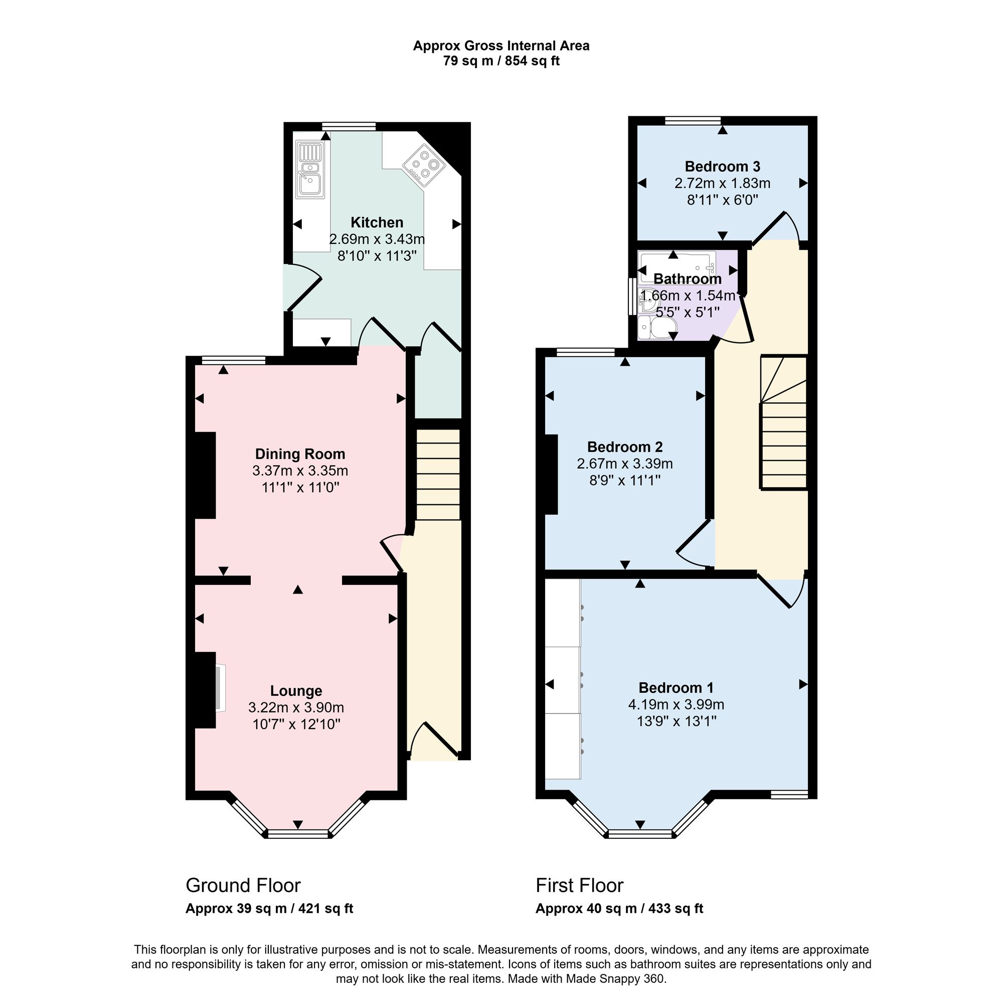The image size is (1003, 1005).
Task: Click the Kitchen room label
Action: (x=377, y=223)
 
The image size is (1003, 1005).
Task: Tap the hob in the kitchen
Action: (x=424, y=165)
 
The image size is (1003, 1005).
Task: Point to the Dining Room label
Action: (x=300, y=454)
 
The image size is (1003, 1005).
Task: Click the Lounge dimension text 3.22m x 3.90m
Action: (x=296, y=707)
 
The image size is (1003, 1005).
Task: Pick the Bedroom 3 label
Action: (x=722, y=167)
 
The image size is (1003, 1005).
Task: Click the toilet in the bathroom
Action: (x=656, y=327)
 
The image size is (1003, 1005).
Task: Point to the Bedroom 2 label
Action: (x=625, y=447)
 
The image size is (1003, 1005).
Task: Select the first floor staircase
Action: (x=783, y=422)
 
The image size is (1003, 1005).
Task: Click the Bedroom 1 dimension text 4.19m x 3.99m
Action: (x=676, y=704)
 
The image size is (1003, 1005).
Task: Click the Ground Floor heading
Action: (x=243, y=886)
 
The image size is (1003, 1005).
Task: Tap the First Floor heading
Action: (x=579, y=886)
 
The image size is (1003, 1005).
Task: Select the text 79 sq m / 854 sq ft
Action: (x=501, y=61)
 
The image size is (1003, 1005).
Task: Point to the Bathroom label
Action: (x=688, y=279)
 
